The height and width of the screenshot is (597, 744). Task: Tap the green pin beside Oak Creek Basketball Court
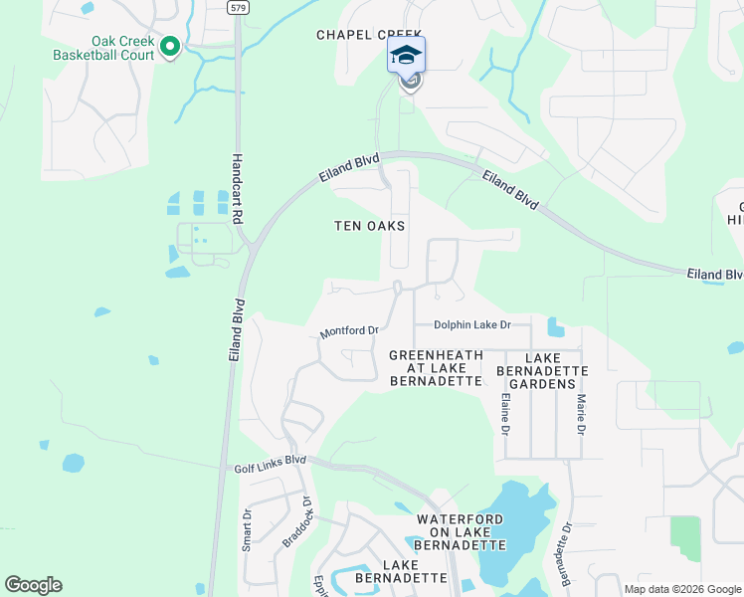[x=169, y=46]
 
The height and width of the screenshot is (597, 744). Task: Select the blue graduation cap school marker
[x=406, y=55]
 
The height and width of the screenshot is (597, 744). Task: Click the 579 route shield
[x=237, y=7]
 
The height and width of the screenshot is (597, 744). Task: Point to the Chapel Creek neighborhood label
[x=369, y=34]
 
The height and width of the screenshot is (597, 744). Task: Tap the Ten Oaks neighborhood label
[x=369, y=226]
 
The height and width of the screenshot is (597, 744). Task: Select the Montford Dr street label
[x=349, y=331]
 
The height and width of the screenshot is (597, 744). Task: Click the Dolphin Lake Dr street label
[x=471, y=325]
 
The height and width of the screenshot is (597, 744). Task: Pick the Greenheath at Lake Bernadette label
[x=436, y=367]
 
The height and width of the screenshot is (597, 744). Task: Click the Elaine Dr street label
[x=504, y=414]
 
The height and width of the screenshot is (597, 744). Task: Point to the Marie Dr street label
[x=581, y=414]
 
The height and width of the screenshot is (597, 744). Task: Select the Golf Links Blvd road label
[x=270, y=463]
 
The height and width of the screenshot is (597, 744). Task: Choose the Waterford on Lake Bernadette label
[x=462, y=532]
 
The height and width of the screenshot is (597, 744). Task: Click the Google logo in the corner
[x=33, y=585]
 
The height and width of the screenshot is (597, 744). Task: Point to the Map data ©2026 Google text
[x=683, y=589]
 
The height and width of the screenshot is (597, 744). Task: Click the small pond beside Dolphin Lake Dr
[x=554, y=326]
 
